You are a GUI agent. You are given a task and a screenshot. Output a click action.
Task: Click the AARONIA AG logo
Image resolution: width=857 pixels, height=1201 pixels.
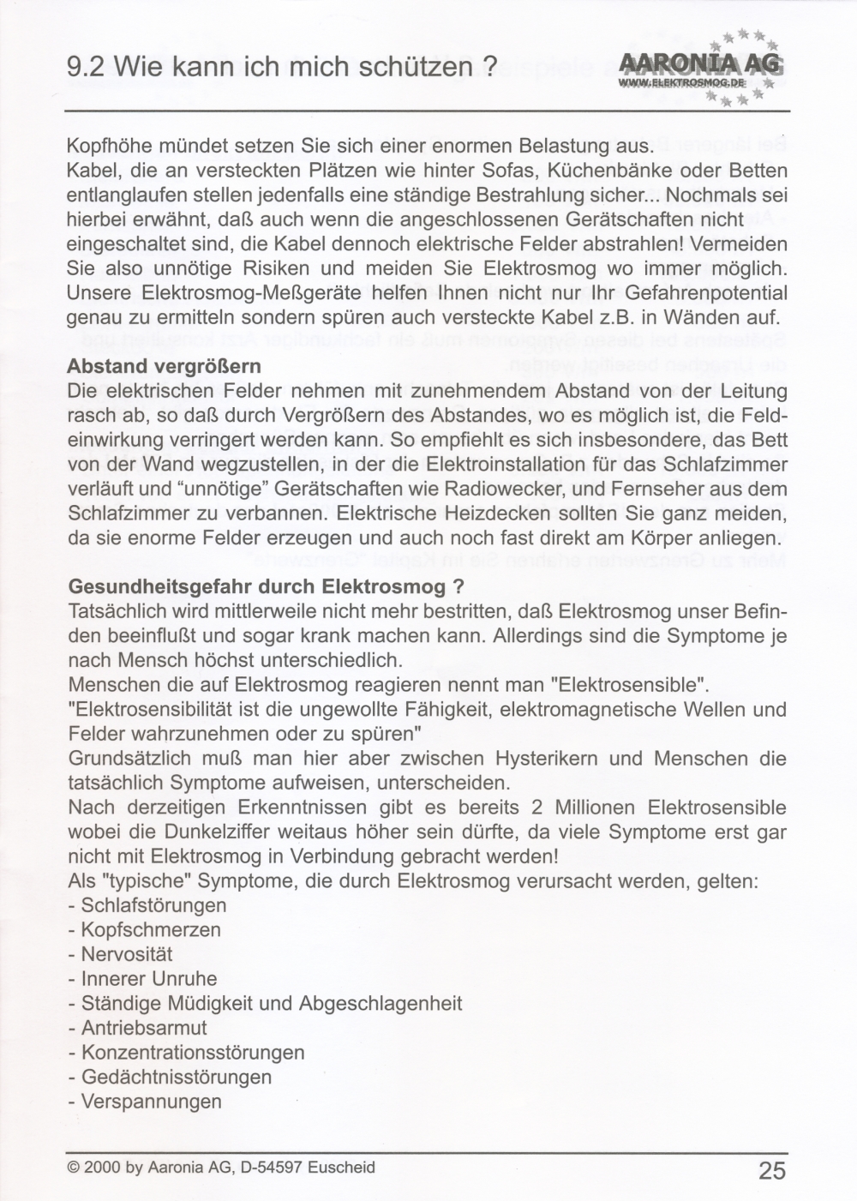tap(698, 67)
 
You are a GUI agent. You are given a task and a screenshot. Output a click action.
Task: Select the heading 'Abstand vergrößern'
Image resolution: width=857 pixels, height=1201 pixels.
tap(164, 367)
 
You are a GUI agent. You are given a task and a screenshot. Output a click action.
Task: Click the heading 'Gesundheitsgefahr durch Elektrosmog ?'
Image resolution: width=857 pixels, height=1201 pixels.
tap(266, 588)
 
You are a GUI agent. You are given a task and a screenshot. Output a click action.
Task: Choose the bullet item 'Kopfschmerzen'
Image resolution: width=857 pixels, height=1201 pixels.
tap(151, 930)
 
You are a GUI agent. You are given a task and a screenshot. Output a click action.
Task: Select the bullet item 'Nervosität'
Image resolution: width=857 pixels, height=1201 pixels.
tap(127, 954)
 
